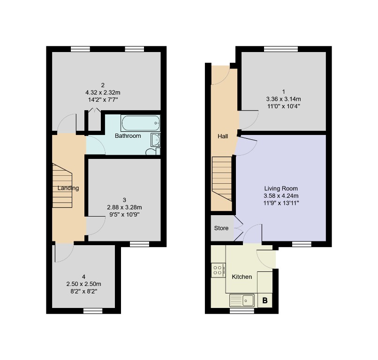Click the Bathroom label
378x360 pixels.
[x=128, y=136]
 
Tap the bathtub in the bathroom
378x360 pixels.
[x=140, y=124]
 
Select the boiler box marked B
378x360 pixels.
[x=265, y=300]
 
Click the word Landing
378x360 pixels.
[x=68, y=188]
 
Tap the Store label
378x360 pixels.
[x=221, y=229]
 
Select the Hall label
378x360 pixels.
[x=223, y=136]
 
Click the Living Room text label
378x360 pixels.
[x=280, y=188]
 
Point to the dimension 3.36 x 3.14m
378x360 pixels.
[x=283, y=99]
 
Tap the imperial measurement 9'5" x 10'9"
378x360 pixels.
[x=125, y=214]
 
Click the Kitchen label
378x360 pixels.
[x=242, y=277]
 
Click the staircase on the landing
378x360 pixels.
[x=61, y=185]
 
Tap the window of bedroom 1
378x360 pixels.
[x=280, y=48]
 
